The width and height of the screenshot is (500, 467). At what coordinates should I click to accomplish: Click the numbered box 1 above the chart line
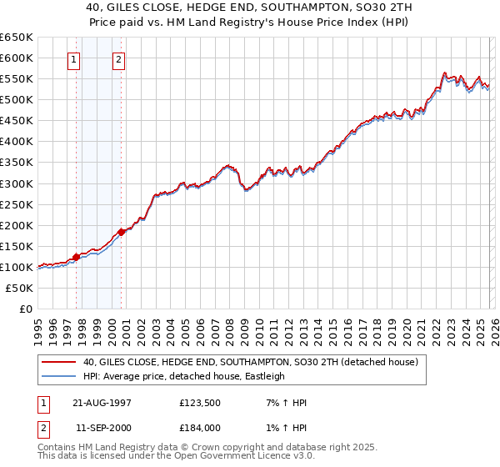click(75, 59)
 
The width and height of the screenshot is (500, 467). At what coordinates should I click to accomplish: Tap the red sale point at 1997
click(76, 257)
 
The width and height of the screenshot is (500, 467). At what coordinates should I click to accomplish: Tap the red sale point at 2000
click(121, 232)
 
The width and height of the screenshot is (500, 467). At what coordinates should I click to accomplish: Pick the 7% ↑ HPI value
click(283, 403)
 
